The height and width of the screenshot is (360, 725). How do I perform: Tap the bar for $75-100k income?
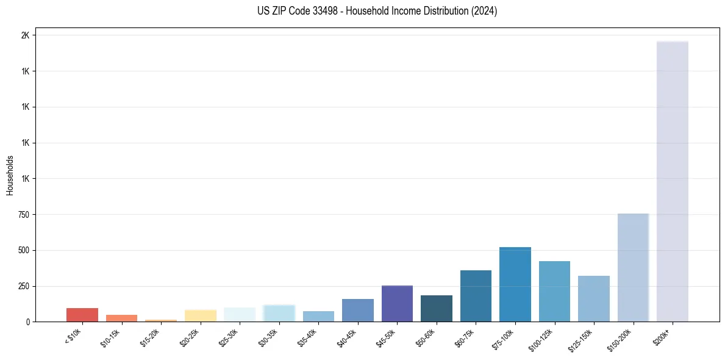coord(515,284)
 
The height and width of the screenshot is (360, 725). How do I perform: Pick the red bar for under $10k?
coord(82,315)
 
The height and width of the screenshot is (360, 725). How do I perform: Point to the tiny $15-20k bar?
coord(161,320)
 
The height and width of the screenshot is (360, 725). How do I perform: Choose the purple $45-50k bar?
coord(397,303)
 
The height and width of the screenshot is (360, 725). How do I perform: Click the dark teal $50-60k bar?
coord(436,309)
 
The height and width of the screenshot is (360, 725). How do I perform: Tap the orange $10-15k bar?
coord(121,318)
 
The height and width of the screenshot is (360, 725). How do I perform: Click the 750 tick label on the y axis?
coord(23,215)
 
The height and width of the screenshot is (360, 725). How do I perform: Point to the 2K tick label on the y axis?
coord(25,35)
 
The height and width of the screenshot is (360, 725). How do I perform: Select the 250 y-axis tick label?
coord(23,286)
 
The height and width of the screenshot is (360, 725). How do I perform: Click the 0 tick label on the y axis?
coord(27,322)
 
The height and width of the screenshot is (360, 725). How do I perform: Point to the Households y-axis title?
coord(10,175)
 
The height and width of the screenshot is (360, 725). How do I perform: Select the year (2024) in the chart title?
coord(485,11)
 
